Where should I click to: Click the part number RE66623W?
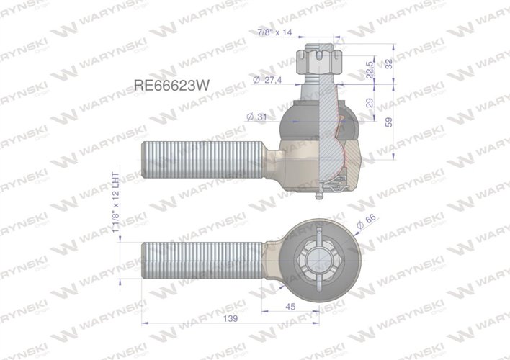coord(171,83)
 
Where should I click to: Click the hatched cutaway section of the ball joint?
coord(337,137)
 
